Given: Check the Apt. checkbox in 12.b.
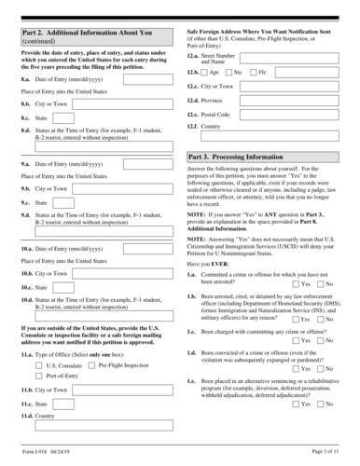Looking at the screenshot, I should click(205, 71).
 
